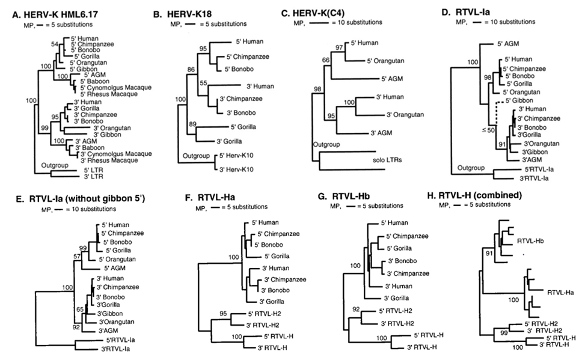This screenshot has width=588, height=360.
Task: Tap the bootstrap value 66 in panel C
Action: click(x=325, y=59)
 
